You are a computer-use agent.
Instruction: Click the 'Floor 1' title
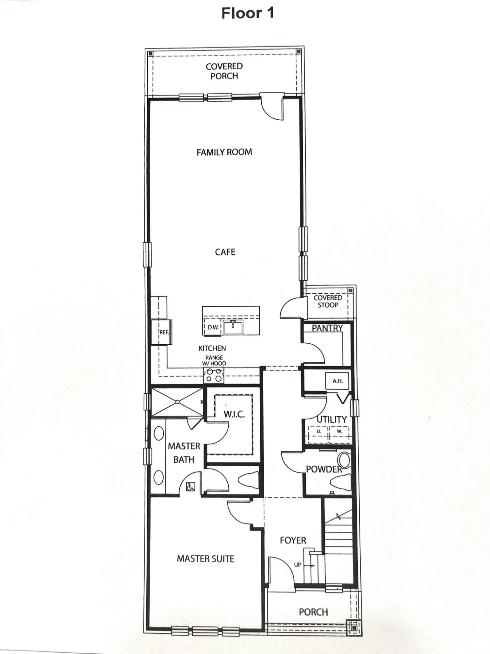247,13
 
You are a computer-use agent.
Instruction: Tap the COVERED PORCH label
224,71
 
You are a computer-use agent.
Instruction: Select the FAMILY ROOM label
224,152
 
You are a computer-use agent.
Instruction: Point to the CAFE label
225,252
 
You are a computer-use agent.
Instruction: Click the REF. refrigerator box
164,332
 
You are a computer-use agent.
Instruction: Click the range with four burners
214,375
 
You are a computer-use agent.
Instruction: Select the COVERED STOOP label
328,301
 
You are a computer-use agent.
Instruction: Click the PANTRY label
327,328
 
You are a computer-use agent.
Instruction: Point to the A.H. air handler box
337,381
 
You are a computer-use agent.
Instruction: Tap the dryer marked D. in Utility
319,432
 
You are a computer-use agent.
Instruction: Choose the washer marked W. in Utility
339,432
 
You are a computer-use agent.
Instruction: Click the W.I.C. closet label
234,414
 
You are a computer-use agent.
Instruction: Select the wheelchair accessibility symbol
190,487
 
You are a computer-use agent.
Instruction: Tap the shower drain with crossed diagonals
177,402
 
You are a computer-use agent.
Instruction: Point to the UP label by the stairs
298,565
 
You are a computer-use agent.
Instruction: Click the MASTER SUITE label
205,559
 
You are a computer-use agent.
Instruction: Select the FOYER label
293,540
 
